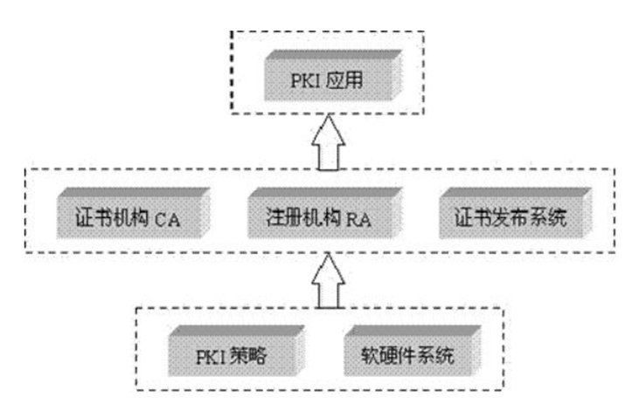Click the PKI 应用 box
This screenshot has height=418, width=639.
333,75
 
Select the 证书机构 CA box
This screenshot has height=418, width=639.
134,213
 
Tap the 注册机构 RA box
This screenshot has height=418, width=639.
325,213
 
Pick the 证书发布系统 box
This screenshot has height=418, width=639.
516,213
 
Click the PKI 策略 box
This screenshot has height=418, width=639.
237,351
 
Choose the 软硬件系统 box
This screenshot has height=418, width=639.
413,351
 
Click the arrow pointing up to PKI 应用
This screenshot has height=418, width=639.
329,142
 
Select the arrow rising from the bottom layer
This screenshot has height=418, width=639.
329,281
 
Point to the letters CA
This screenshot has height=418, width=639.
168,220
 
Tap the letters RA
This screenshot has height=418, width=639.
358,220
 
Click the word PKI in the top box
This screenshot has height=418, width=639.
305,80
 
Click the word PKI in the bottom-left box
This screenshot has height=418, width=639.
211,358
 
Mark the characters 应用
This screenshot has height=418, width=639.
344,79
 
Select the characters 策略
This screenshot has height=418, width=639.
248,356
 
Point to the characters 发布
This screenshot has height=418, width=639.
511,217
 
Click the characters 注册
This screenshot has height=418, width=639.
284,217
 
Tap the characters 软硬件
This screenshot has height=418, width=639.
389,356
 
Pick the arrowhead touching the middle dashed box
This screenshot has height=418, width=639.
329,268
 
